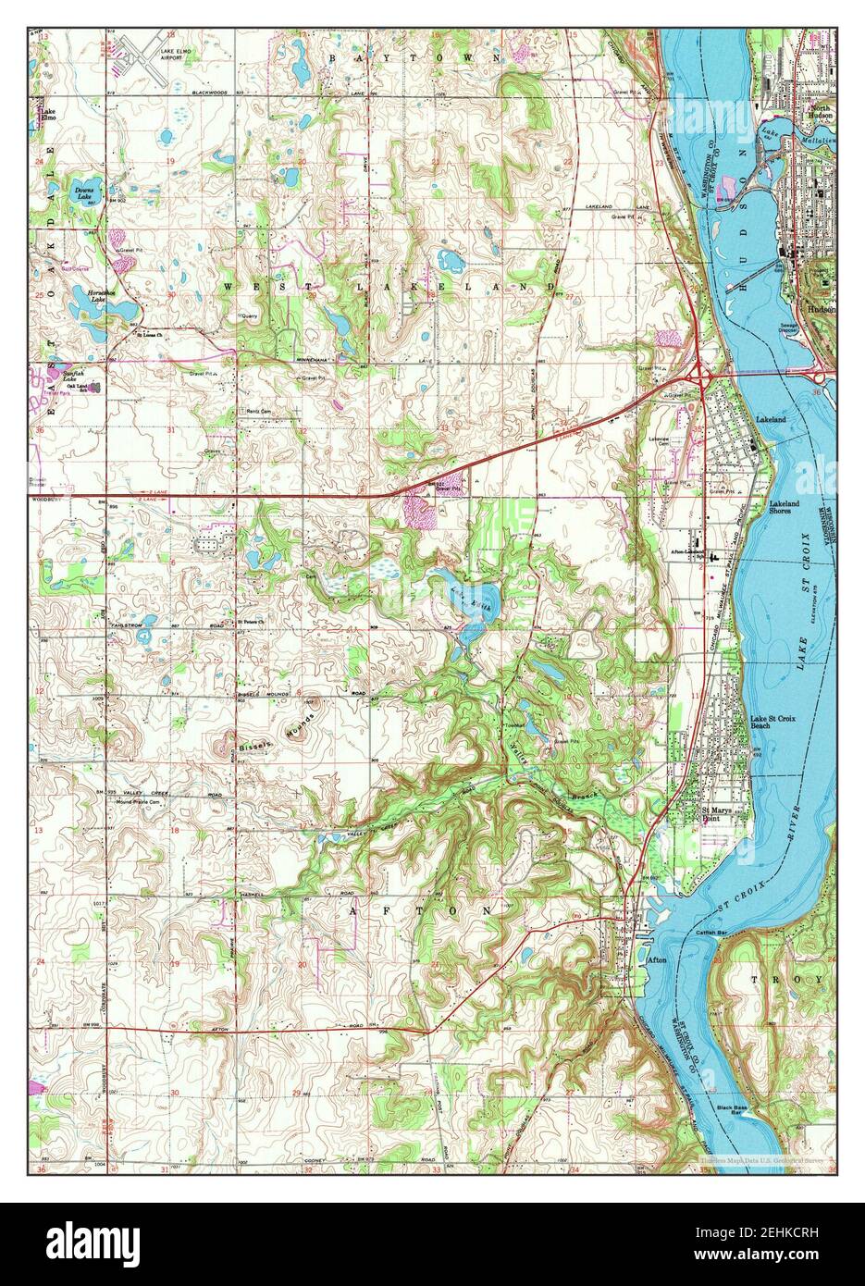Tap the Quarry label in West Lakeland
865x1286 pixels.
[x=249, y=316]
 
